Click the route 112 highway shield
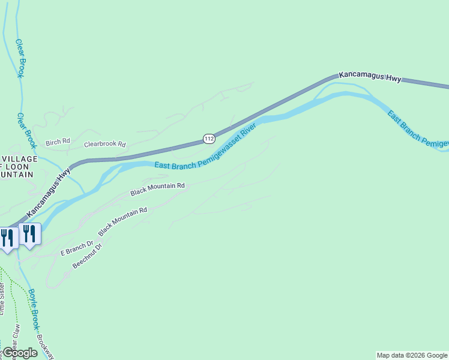(x=208, y=139)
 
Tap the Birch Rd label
(x=58, y=142)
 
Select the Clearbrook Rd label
(x=105, y=145)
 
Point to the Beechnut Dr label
(x=87, y=256)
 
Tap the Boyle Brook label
(x=34, y=310)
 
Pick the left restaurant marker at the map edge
(x=7, y=238)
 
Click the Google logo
(x=19, y=353)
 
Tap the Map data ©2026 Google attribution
(x=412, y=355)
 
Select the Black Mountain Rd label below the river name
(x=157, y=190)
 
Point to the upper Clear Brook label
(x=20, y=59)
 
